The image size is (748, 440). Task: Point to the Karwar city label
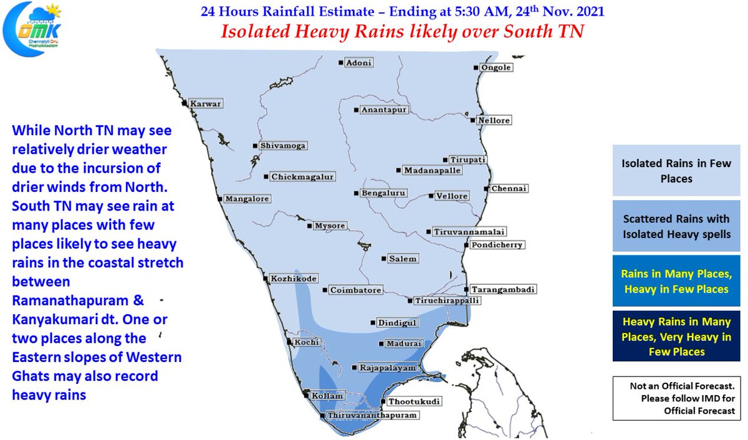pos(205,104)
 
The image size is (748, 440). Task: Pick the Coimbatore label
pos(355,290)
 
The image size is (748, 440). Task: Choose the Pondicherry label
pos(497,245)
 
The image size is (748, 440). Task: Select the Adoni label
pos(359,62)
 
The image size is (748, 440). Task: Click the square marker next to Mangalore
pos(219,199)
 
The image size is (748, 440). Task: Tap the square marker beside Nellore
pos(473,120)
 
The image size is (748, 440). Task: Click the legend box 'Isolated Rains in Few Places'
pos(676,170)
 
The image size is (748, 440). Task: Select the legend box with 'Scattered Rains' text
pos(676,226)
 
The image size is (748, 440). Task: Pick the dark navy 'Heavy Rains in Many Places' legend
pos(676,337)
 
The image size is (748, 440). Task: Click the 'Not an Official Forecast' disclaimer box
pos(676,398)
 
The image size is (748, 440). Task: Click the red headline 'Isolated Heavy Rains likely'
pos(402,31)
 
